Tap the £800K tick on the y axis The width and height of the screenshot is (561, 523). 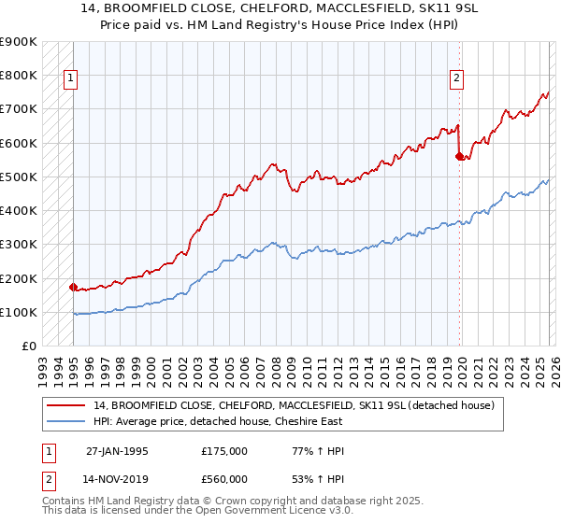pyautogui.click(x=19, y=75)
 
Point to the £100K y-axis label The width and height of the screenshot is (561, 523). pyautogui.click(x=19, y=312)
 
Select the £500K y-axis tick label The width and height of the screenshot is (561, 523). pyautogui.click(x=19, y=177)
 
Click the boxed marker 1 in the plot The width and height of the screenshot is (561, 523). pyautogui.click(x=71, y=79)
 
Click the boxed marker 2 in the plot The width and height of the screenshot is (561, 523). pyautogui.click(x=457, y=79)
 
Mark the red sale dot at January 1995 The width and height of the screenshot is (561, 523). pyautogui.click(x=73, y=287)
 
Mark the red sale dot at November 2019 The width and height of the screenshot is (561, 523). pyautogui.click(x=459, y=156)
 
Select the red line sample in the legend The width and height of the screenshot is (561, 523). pyautogui.click(x=66, y=405)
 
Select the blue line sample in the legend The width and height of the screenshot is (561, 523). pyautogui.click(x=66, y=421)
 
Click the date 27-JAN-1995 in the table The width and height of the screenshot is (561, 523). pyautogui.click(x=116, y=450)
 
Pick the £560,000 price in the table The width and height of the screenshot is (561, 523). pyautogui.click(x=223, y=478)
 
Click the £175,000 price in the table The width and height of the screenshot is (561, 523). pyautogui.click(x=223, y=450)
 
